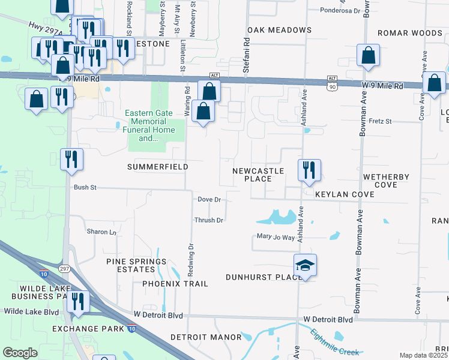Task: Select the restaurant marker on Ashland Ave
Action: [309, 170]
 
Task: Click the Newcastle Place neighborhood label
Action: [258, 175]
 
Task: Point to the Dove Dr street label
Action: [209, 199]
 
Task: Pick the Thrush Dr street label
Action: [208, 220]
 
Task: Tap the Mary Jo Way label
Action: [276, 238]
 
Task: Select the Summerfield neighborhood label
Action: [157, 166]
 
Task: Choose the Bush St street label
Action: [85, 187]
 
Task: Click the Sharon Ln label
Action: [101, 232]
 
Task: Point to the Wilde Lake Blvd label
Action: [31, 311]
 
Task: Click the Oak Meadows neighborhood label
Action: [279, 30]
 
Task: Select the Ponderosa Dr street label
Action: [340, 11]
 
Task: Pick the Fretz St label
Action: [379, 121]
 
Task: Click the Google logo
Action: [20, 353]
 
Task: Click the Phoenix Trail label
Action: [175, 283]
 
